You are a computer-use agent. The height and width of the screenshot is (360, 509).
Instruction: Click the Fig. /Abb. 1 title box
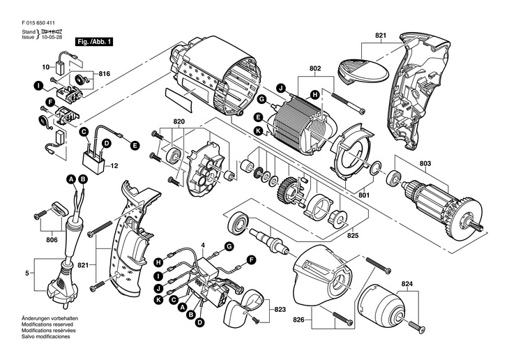point(94,42)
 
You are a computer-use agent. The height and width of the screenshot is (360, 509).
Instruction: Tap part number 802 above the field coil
point(315,68)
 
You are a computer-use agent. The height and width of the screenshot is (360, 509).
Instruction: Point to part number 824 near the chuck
point(407,284)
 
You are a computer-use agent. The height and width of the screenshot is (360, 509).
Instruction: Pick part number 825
point(353,235)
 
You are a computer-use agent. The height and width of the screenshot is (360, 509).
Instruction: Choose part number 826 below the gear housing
point(298,320)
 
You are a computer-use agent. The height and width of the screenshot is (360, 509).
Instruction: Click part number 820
point(179,122)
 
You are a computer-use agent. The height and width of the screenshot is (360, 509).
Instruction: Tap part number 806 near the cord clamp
point(52,240)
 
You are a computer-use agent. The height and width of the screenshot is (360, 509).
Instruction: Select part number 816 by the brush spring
point(105,74)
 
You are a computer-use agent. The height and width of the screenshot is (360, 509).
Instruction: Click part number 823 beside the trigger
point(280,310)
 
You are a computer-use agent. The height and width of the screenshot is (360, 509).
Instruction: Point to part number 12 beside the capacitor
point(114,166)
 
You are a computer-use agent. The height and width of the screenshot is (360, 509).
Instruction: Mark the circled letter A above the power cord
point(71,179)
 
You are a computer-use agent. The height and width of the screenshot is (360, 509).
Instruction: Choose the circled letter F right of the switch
point(251,260)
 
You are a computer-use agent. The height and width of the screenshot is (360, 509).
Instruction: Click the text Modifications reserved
point(47,324)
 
